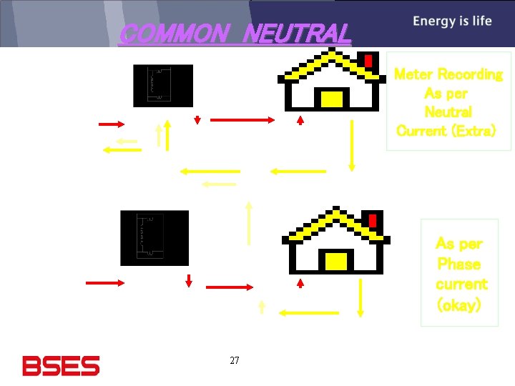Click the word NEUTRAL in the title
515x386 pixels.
pyautogui.click(x=298, y=34)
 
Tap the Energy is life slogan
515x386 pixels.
pyautogui.click(x=452, y=21)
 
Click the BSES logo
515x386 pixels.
pyautogui.click(x=61, y=366)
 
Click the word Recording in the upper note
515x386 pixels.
pyautogui.click(x=470, y=74)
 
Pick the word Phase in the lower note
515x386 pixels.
pyautogui.click(x=458, y=264)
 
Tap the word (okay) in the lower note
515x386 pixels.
pyautogui.click(x=458, y=305)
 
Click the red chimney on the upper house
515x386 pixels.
pyautogui.click(x=368, y=61)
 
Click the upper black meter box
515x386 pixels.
pyautogui.click(x=163, y=86)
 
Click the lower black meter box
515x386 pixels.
pyautogui.click(x=154, y=238)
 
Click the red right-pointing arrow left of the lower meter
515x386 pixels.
pyautogui.click(x=104, y=283)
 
